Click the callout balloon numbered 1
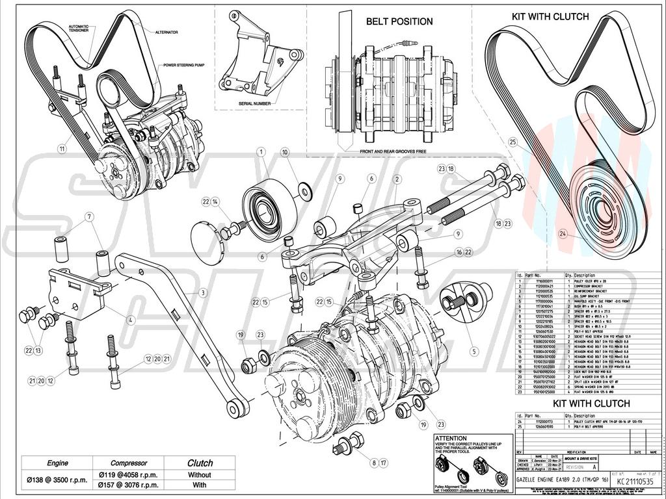260,152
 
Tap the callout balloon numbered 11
62,148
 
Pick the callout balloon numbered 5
473,352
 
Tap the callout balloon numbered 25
513,141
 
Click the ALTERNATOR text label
166,32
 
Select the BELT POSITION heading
399,21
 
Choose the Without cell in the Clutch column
200,474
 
